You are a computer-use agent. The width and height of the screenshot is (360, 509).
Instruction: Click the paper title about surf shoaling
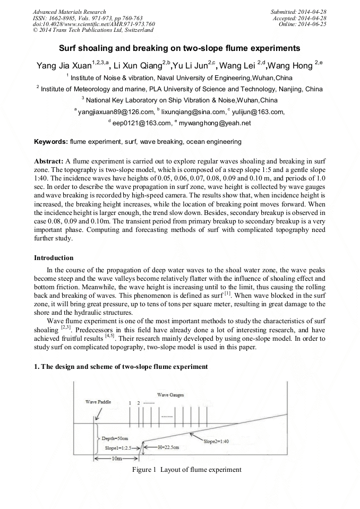[x=179, y=48]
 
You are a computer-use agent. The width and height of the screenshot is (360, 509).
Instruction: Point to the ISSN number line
[x=85, y=18]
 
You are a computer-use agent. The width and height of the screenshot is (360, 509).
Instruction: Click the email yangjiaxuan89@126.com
[x=115, y=112]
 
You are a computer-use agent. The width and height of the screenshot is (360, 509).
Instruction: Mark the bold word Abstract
[x=49, y=161]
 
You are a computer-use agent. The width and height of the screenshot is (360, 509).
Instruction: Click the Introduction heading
[x=54, y=258]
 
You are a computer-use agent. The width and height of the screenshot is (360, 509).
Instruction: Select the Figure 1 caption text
[x=186, y=470]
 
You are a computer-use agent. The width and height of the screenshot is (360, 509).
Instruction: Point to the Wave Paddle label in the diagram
[x=98, y=402]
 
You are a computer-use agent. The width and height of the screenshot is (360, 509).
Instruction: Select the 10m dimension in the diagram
[x=116, y=458]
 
